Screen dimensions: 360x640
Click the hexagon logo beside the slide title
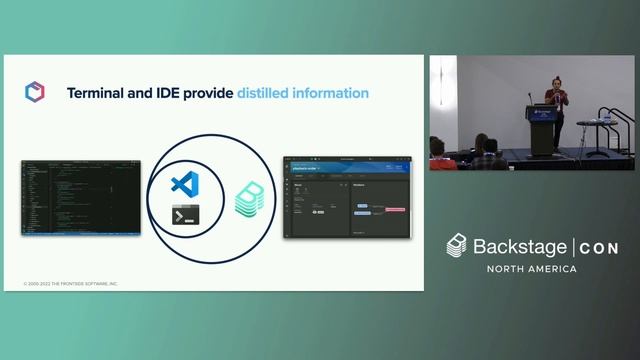[34, 92]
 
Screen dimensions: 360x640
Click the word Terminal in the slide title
[98, 93]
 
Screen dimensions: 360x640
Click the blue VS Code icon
[182, 183]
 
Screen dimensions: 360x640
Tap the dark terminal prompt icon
[184, 214]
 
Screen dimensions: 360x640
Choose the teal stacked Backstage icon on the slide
[248, 199]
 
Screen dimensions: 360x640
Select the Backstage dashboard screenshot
[345, 196]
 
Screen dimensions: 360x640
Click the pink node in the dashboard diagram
[392, 209]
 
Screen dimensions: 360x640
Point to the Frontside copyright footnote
[70, 284]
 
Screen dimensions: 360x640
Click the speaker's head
[555, 85]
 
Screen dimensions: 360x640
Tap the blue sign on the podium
[541, 114]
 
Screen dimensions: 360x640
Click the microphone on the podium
[532, 97]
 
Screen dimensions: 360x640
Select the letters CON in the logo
[599, 247]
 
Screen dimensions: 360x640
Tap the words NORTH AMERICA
[531, 269]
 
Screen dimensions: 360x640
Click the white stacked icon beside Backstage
[457, 245]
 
